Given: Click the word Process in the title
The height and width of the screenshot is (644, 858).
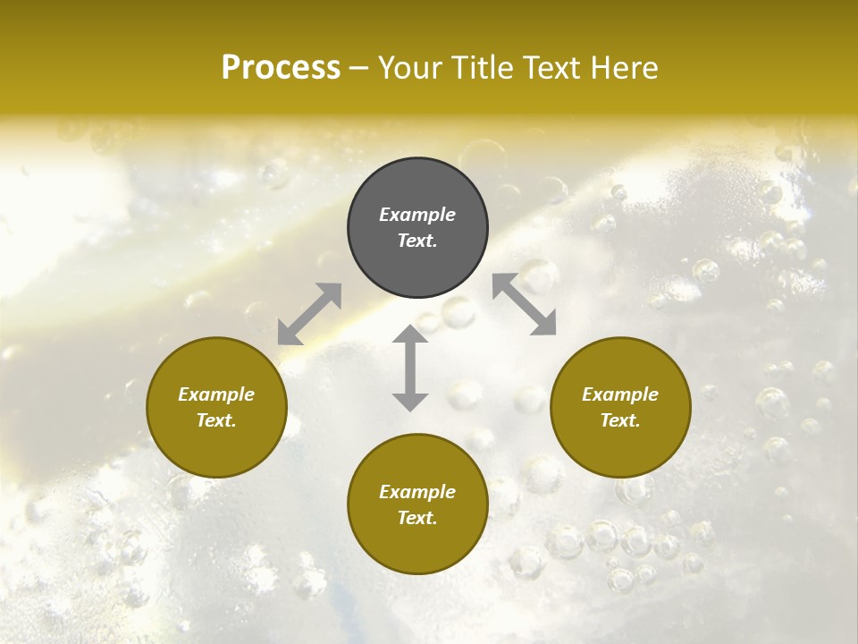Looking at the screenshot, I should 281,68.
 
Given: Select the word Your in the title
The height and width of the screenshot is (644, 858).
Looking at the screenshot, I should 410,68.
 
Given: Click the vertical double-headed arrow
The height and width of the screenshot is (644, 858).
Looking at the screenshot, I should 410,368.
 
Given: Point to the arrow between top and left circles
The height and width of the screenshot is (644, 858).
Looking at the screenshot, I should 309,314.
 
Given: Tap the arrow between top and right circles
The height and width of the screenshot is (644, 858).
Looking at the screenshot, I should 525,304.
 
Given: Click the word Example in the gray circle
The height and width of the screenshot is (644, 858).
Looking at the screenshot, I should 417,215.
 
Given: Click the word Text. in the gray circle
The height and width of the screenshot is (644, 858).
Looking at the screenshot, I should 417,241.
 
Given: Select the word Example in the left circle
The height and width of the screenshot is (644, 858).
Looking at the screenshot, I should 216,394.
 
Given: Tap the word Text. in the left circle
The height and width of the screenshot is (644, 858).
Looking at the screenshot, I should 216,420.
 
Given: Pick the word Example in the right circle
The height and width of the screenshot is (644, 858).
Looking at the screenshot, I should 620,394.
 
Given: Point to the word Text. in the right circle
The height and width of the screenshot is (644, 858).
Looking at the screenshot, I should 620,420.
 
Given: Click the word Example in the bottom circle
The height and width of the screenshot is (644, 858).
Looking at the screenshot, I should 417,492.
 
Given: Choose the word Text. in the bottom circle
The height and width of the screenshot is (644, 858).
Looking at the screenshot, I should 417,518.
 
